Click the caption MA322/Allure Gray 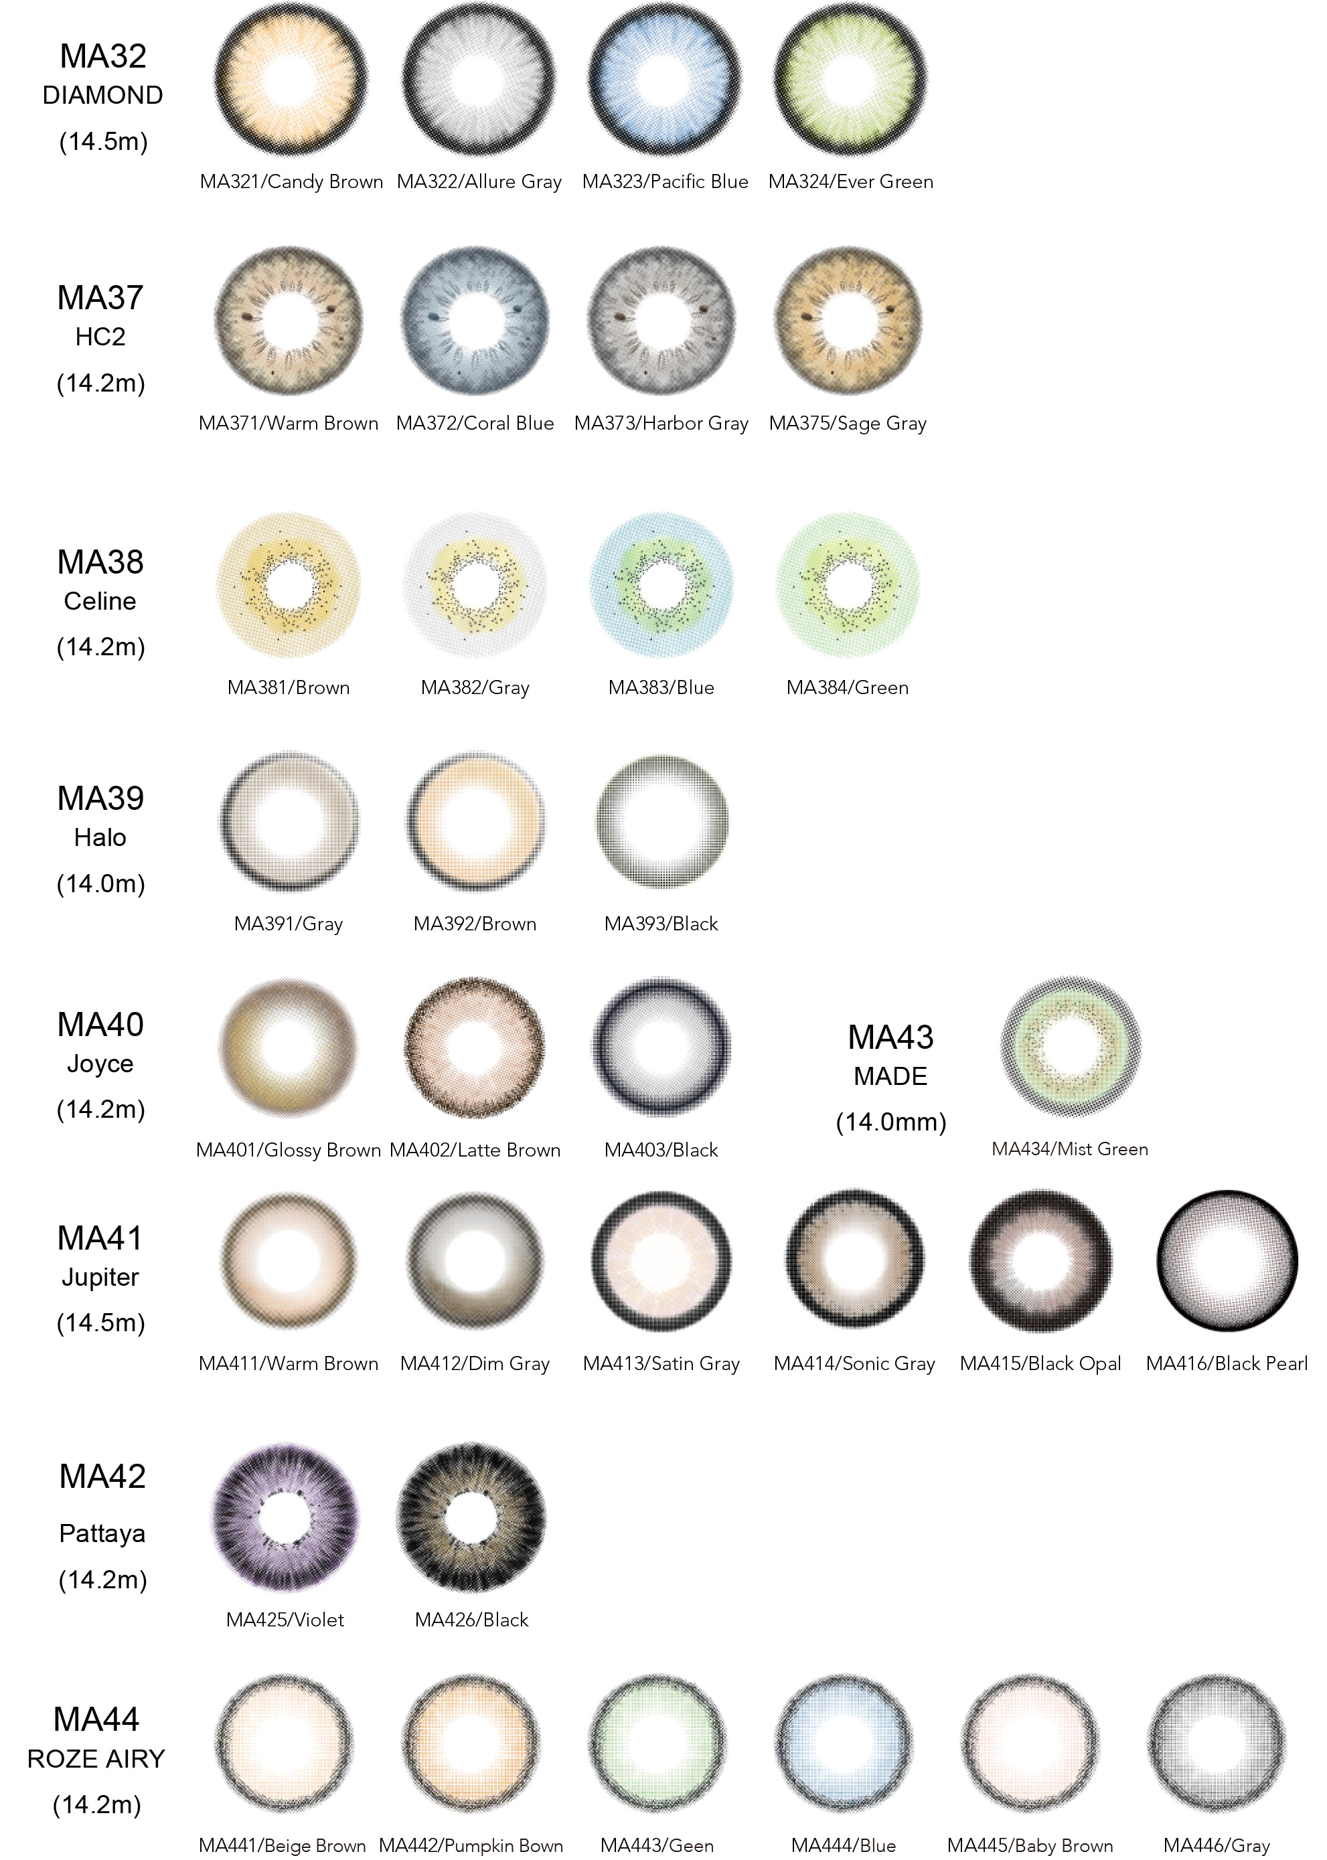[x=479, y=181]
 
